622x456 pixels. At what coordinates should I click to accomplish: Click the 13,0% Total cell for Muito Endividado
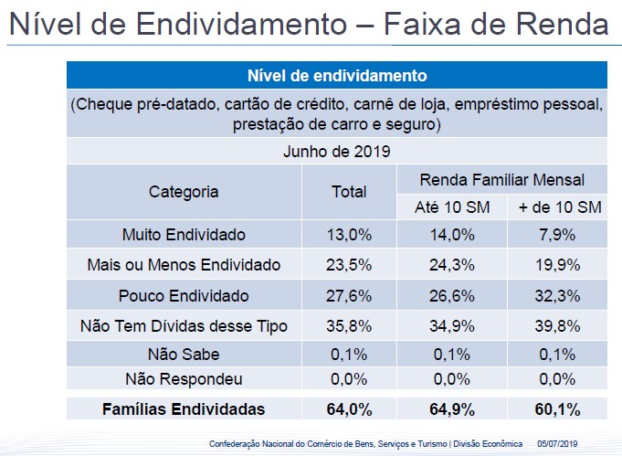pos(349,235)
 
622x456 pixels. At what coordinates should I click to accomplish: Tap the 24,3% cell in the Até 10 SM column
pos(452,266)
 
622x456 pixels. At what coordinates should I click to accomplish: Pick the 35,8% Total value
pos(349,327)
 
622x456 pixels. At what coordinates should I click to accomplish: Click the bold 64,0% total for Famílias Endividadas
pos(349,408)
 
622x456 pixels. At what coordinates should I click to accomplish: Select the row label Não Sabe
pos(184,355)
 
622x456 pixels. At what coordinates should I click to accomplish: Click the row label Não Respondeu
pos(184,378)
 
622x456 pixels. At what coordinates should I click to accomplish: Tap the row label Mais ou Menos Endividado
pos(184,266)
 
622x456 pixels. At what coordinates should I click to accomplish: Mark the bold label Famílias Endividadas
pos(184,408)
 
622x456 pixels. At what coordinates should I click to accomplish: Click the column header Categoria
pos(184,192)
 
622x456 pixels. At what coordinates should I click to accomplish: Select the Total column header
pos(349,192)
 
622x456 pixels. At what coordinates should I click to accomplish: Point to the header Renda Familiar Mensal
pos(501,179)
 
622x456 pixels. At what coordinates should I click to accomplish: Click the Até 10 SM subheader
pos(452,207)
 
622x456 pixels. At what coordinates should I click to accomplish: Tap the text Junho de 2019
pos(337,151)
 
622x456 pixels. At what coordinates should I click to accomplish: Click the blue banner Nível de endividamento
pos(337,75)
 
